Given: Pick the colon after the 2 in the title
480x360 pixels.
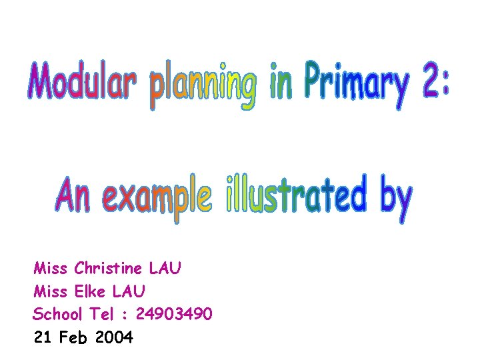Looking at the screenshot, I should [x=445, y=83].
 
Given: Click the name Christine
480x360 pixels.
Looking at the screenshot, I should [x=109, y=269].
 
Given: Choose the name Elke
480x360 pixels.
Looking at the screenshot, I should [x=91, y=291].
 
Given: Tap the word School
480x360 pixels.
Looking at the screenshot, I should [x=58, y=314].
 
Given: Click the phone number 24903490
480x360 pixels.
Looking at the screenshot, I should [x=175, y=314].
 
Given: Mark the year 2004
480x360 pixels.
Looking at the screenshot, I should [x=114, y=337].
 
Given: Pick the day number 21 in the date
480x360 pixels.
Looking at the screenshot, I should [x=43, y=337].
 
